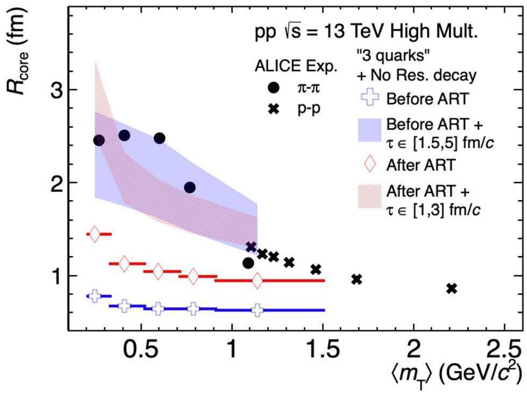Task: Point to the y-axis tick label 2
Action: click(53, 182)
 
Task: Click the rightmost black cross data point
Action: click(452, 288)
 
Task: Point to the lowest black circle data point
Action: click(248, 263)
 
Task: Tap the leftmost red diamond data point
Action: click(95, 234)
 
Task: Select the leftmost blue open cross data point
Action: click(95, 296)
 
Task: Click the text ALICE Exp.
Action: click(287, 68)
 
